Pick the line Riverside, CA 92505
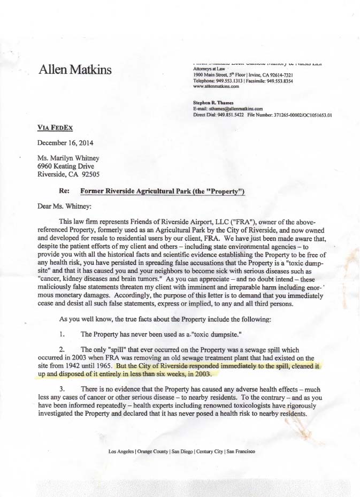point(68,174)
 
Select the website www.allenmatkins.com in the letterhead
point(216,86)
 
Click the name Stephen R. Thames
point(213,102)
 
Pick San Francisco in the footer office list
point(241,452)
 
